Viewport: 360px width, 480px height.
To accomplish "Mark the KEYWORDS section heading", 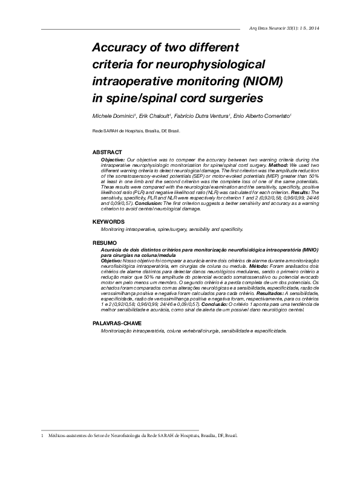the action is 109,222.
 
